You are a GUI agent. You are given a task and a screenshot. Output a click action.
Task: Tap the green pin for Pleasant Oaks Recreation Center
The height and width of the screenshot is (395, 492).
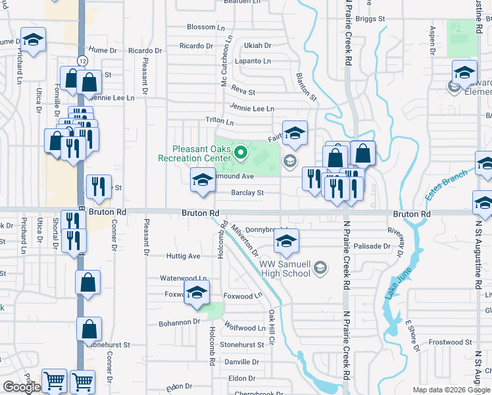click(241, 153)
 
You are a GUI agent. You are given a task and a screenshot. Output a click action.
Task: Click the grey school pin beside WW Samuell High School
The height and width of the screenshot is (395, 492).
click(320, 267)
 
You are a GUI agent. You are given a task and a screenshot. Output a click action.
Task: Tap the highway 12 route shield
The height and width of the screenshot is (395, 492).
click(81, 61)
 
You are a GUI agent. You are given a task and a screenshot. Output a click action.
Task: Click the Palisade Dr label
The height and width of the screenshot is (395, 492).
click(372, 246)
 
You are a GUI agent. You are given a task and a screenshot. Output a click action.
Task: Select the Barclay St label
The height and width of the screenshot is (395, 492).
click(247, 193)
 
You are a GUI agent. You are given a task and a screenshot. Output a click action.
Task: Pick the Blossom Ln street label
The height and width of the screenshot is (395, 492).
click(201, 27)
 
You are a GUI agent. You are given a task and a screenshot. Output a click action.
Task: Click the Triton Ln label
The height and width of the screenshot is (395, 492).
click(220, 122)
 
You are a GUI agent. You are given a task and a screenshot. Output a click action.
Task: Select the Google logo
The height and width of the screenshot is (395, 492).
click(21, 387)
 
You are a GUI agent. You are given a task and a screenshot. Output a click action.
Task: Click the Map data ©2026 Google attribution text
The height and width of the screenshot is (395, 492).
click(451, 390)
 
